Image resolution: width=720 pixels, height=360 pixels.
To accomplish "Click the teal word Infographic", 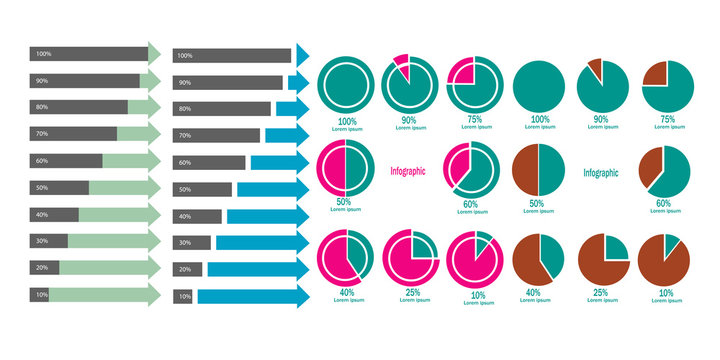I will (600, 172).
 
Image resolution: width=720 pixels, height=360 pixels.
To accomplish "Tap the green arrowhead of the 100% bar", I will (154, 53).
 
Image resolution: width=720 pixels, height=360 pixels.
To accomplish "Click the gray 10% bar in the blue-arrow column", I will (184, 296).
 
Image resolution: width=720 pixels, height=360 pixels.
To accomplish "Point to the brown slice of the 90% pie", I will (596, 69).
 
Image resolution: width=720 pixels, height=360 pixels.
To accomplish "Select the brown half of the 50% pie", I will (527, 169).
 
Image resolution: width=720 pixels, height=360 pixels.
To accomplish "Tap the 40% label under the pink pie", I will (346, 291).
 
